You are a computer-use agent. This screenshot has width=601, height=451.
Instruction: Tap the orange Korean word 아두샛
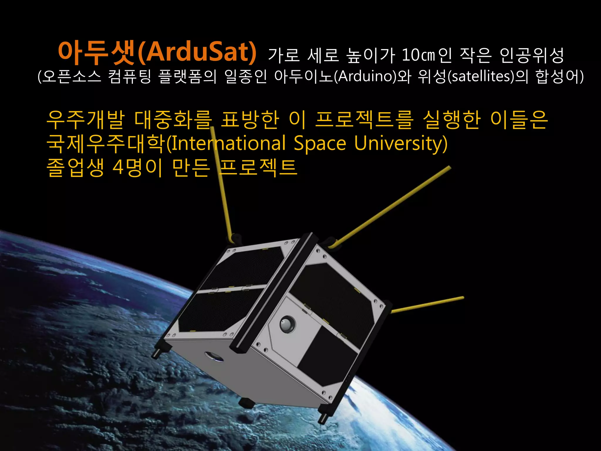click(97, 52)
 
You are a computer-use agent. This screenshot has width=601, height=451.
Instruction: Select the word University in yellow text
click(401, 144)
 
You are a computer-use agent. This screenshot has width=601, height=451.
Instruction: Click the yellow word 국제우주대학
click(106, 144)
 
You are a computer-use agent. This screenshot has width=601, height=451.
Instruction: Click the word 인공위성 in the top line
click(531, 55)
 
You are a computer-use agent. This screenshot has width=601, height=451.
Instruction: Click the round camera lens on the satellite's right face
click(287, 324)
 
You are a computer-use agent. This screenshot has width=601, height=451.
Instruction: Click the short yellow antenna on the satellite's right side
click(427, 304)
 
